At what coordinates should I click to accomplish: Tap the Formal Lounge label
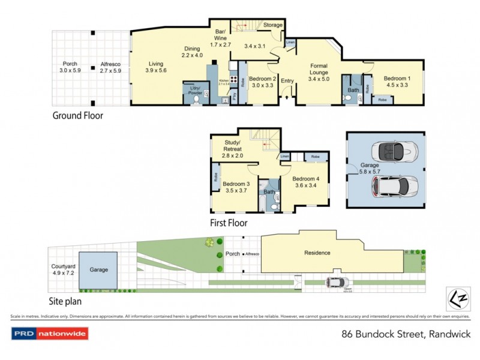pyautogui.click(x=319, y=71)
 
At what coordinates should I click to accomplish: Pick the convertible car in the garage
pyautogui.click(x=391, y=151)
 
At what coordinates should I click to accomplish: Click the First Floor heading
pyautogui.click(x=229, y=223)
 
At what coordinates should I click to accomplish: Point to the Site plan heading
pyautogui.click(x=65, y=302)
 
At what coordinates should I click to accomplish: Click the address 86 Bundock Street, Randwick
pyautogui.click(x=405, y=334)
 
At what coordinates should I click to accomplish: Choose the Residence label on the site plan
pyautogui.click(x=317, y=253)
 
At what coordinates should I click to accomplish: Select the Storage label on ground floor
pyautogui.click(x=272, y=25)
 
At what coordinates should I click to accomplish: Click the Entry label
pyautogui.click(x=287, y=81)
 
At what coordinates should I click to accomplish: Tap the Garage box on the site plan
pyautogui.click(x=98, y=270)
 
